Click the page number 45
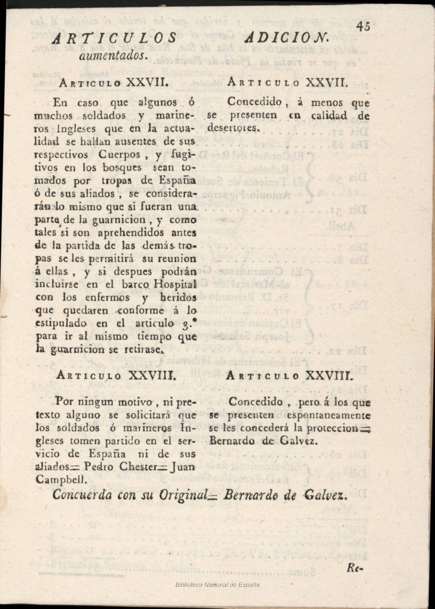click(363, 27)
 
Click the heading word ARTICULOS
click(116, 39)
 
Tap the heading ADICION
click(287, 39)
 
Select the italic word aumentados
click(113, 54)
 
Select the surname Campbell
click(60, 480)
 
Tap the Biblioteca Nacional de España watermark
click(218, 585)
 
